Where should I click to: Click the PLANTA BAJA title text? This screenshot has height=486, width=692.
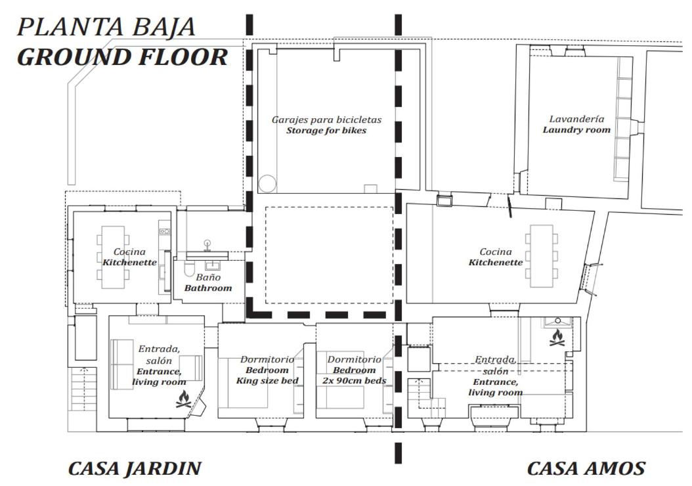[106, 28]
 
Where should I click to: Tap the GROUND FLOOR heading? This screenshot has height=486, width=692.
[122, 57]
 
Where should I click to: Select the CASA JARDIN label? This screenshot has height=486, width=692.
[135, 468]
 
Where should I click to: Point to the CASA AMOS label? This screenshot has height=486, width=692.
[586, 468]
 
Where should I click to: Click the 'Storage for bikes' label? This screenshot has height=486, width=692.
[326, 130]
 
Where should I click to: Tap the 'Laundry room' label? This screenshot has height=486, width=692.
[576, 130]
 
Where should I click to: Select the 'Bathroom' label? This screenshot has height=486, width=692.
[208, 288]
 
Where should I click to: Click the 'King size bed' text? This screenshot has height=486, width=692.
[267, 380]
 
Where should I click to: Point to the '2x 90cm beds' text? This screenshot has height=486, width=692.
[354, 380]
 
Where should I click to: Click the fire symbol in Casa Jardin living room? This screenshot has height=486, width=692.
[184, 399]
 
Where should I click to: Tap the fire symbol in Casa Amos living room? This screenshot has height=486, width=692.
[557, 338]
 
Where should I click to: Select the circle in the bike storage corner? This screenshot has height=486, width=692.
[267, 184]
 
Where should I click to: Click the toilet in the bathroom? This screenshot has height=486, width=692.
[189, 269]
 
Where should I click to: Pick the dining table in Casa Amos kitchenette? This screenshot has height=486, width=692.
[542, 256]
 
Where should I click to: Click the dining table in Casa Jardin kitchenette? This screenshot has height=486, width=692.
[113, 257]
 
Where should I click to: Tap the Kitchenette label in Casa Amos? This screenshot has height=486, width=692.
[495, 262]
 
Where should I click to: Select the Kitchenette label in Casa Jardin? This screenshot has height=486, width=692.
[129, 262]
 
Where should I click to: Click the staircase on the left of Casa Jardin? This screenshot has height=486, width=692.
[83, 389]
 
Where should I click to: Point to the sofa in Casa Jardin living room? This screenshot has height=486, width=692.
[122, 364]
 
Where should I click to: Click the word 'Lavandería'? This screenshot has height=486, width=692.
[576, 119]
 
